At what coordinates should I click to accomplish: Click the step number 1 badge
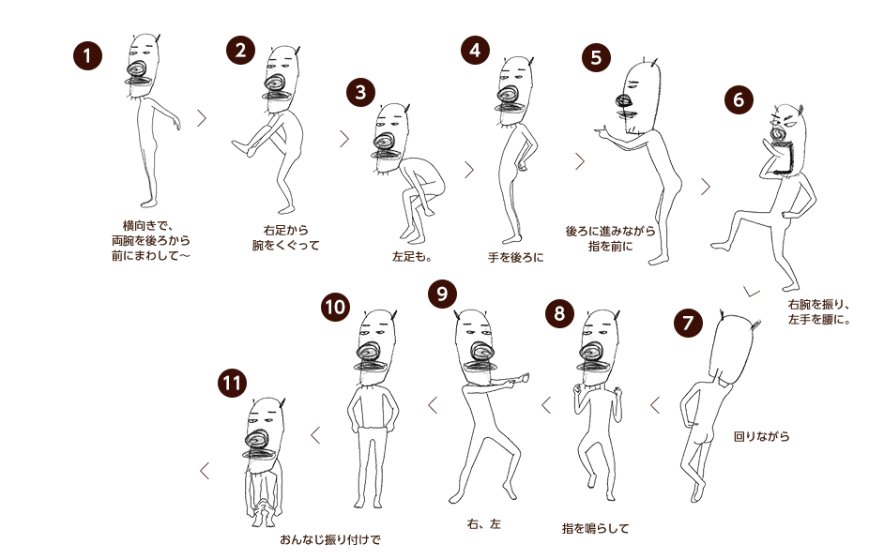pos(87,55)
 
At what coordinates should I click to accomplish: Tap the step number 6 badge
pos(739,99)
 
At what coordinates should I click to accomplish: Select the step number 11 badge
pos(233,384)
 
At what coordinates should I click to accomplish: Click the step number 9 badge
pos(442,294)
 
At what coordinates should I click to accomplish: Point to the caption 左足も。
pos(412,257)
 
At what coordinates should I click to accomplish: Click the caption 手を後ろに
pos(516,258)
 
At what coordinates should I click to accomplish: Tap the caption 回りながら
pos(762,436)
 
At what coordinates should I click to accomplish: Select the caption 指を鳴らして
pos(595,529)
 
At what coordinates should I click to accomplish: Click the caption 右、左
pos(483,524)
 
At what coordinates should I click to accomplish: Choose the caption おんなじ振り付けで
pos(330,540)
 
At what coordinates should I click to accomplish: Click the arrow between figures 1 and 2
pos(202,118)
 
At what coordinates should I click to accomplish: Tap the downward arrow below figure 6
pos(751,292)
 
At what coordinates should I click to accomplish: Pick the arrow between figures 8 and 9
pos(546,404)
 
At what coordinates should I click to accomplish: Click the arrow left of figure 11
pos(205,471)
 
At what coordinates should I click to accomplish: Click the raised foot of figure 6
pos(720,246)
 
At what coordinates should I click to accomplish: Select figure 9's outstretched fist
pos(522,378)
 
